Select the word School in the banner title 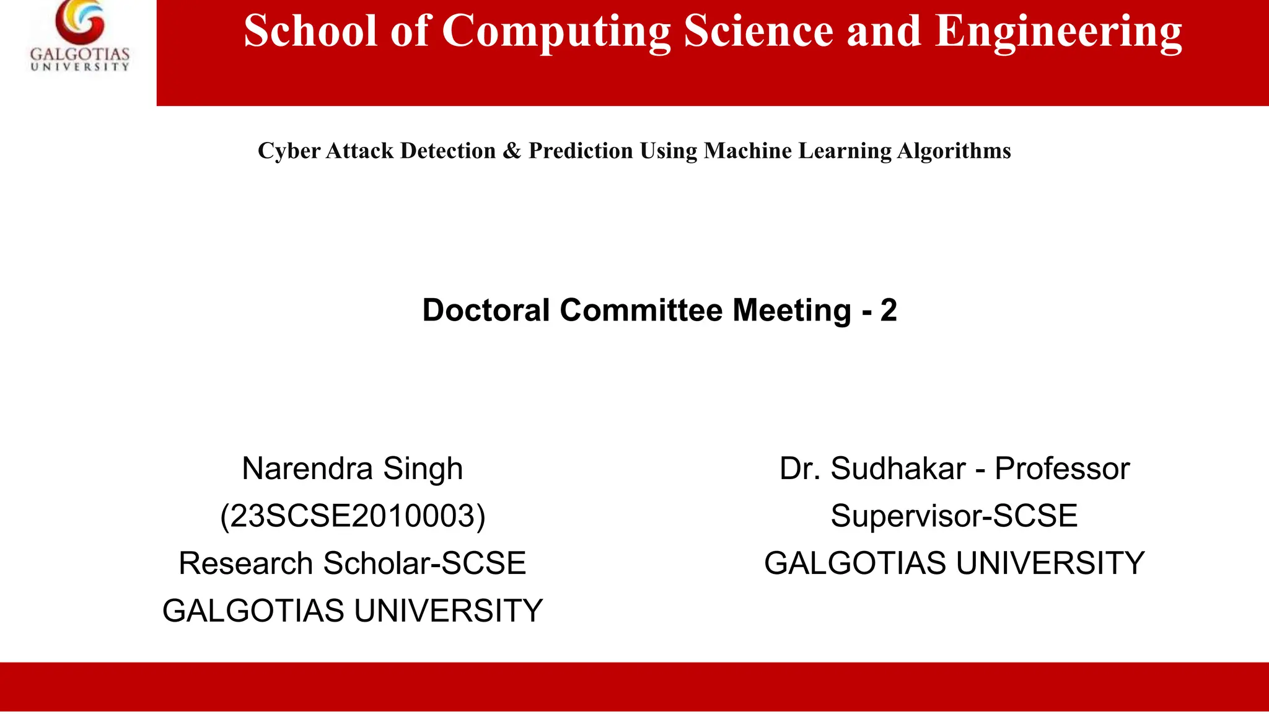coord(310,31)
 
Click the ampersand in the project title coord(512,151)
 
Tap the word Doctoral coord(486,310)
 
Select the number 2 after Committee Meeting coord(889,310)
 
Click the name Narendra coord(307,469)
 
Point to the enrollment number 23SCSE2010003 coord(353,516)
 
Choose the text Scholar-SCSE coord(424,563)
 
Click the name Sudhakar coord(898,469)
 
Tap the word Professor coord(1062,469)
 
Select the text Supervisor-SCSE coord(954,516)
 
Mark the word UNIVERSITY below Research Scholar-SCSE coord(449,611)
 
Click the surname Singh coord(423,469)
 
